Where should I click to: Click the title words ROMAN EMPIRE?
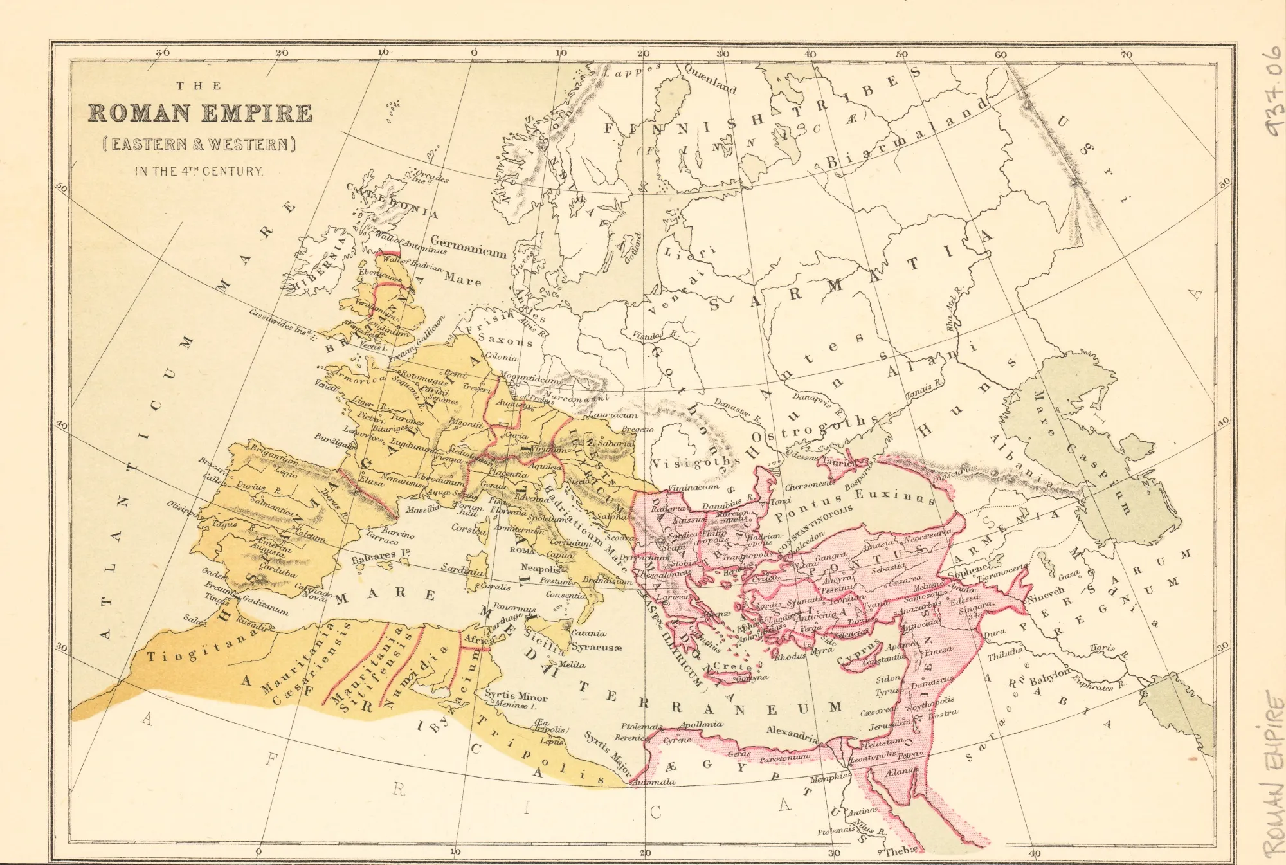[200, 113]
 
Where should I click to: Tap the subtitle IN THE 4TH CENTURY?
[199, 171]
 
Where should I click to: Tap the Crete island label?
[732, 666]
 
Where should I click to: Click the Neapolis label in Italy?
[540, 568]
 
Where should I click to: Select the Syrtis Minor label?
[516, 696]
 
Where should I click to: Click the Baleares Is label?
[380, 555]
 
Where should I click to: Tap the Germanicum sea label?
[468, 247]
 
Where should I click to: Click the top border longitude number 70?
[1126, 54]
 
